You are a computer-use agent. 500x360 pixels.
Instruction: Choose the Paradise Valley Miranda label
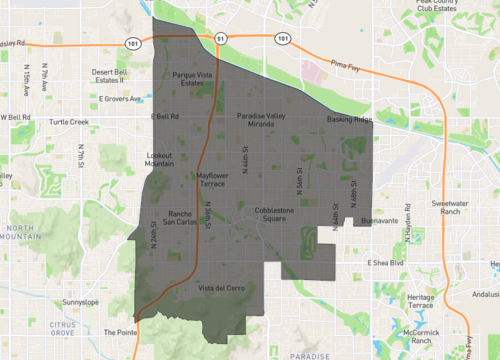click(x=263, y=120)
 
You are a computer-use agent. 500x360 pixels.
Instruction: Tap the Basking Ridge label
click(x=349, y=120)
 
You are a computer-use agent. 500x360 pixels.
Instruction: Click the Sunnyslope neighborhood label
click(x=80, y=301)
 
